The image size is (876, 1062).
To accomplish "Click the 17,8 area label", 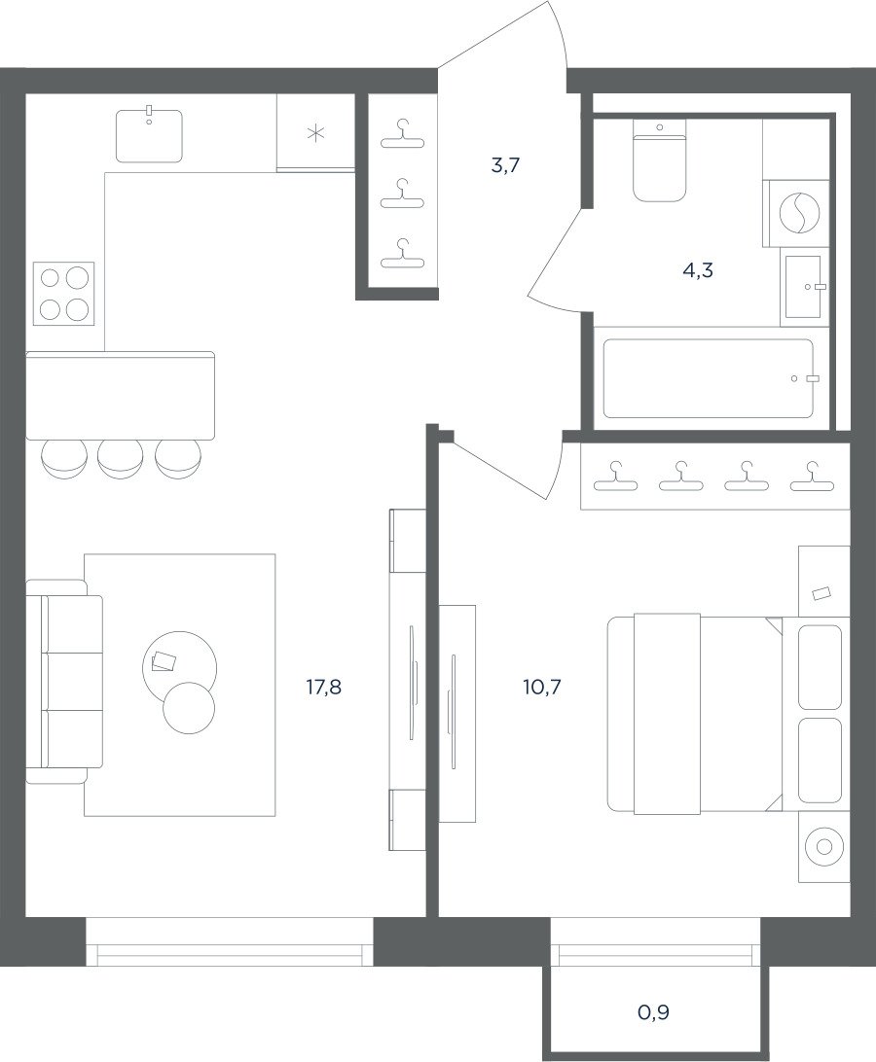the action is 323,688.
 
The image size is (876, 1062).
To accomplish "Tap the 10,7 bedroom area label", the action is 542,688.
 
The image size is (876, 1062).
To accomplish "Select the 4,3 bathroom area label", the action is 698,271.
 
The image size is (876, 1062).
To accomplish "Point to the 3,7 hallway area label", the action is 505,164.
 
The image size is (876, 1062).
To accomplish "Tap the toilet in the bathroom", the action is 660,159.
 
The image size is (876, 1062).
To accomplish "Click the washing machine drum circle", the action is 800,213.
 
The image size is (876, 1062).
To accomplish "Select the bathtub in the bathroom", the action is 709,378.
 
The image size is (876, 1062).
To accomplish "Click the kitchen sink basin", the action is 149,136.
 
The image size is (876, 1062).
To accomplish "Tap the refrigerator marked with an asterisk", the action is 316,132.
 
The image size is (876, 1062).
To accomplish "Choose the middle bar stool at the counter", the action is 121,458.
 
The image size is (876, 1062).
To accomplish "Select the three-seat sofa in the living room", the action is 64,682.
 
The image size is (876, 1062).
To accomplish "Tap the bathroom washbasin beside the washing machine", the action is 804,287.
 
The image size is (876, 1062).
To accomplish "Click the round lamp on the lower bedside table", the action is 823,846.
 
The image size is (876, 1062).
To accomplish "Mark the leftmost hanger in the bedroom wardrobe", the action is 616,477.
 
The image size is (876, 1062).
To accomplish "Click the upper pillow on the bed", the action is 820,667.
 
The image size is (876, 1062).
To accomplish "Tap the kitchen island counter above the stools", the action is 120,395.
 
